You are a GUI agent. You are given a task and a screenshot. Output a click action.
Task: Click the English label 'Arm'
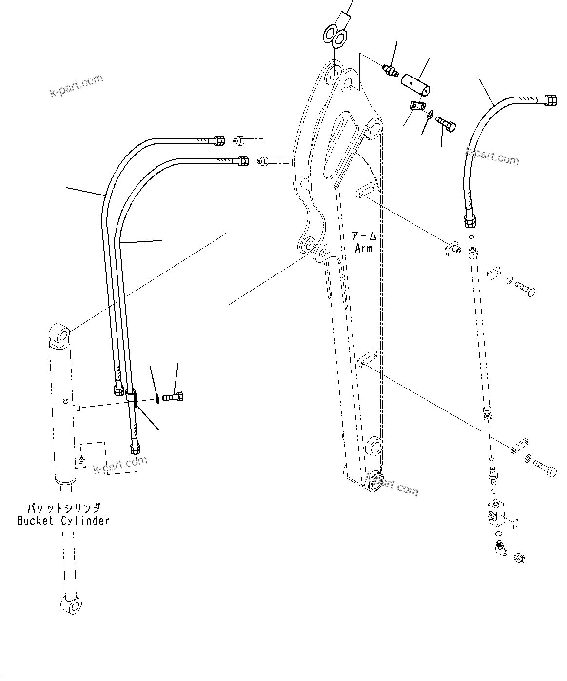pos(364,248)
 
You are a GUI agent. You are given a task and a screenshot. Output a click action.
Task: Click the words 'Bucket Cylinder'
pos(63,521)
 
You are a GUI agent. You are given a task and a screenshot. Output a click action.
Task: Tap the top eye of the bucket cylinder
pos(60,335)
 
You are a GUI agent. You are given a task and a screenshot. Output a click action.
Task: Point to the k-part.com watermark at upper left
pos(77,86)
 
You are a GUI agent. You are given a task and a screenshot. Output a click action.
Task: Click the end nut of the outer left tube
pos(219,141)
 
